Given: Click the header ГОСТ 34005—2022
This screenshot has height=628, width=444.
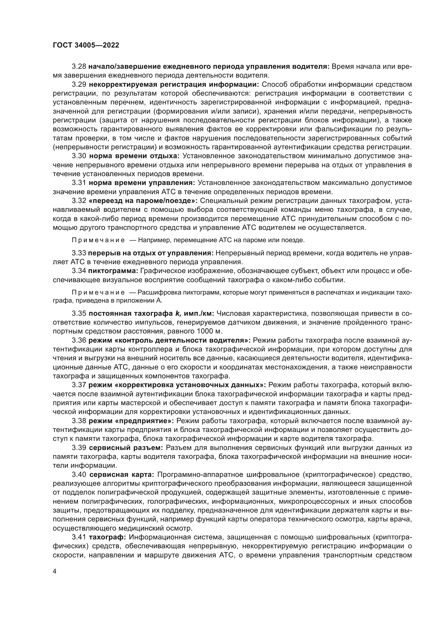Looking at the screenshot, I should coord(86,45).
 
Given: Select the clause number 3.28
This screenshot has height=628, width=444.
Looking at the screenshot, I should coord(79,67).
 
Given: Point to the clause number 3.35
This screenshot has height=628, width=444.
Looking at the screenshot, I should coord(79,313).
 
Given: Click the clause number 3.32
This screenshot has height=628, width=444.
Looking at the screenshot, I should coord(79,201).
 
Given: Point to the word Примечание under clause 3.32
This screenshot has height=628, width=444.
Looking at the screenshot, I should coord(98,240).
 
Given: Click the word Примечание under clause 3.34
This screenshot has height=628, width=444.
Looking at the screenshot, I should coord(98,292).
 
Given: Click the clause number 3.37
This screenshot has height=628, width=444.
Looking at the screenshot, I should coord(79,385).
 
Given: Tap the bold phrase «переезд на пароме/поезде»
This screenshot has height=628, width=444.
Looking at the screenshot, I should coord(143,201).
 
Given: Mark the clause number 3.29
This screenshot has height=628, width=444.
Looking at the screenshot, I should coord(79,85).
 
